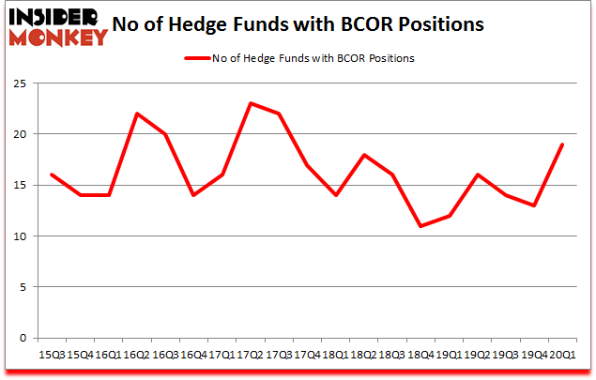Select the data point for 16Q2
click(137, 114)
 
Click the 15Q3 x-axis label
click(53, 354)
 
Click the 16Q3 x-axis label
click(164, 354)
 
